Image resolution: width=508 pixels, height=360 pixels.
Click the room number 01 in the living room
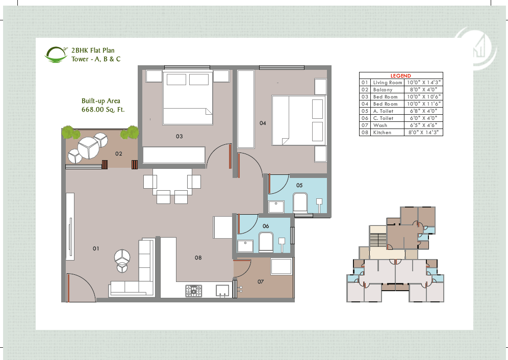pos(95,248)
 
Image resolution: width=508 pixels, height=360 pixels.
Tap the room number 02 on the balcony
pos(118,153)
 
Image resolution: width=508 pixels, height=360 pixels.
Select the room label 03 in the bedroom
pos(179,136)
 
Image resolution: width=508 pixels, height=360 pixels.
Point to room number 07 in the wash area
pos(261,281)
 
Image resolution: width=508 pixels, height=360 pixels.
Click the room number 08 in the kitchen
pos(198,258)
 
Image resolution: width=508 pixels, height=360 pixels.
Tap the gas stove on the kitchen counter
pos(193,291)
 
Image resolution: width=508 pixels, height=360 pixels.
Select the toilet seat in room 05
pos(299,202)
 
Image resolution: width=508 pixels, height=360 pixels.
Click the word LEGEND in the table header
pos(400,75)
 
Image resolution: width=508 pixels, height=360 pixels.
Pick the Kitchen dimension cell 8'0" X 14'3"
pos(423,132)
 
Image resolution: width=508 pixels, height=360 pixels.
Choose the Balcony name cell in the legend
pos(383,89)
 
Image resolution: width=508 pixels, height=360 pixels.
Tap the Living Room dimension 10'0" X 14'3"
pos(423,82)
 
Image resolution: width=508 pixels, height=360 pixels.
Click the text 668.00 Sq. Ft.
pos(103,110)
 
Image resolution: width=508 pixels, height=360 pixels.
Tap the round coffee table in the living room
pos(122,256)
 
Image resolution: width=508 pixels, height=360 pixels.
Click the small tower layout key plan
pos(395,255)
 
